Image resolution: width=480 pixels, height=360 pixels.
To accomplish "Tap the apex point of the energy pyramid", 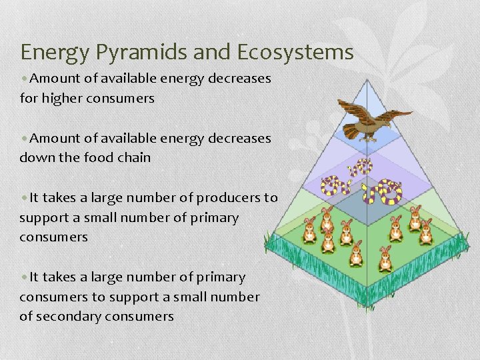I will [x=365, y=79].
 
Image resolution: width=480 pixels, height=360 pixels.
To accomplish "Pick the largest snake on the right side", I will [x=383, y=191].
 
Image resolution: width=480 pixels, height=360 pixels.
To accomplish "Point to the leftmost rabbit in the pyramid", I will [x=310, y=231].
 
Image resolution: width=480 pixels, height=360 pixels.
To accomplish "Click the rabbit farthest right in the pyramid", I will [x=426, y=231].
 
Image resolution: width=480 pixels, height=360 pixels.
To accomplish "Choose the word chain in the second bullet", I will [x=133, y=158].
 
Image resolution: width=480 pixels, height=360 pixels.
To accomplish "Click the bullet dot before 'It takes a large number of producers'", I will [x=24, y=198].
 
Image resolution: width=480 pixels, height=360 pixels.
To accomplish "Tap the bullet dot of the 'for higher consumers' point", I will [x=24, y=79].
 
